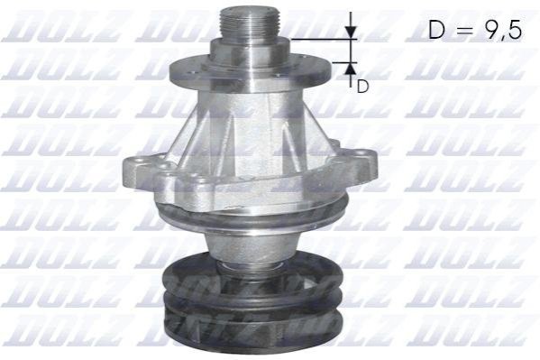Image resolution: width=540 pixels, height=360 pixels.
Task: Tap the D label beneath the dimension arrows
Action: pos(362,87)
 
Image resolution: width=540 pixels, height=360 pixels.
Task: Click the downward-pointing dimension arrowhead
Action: pos(351,32)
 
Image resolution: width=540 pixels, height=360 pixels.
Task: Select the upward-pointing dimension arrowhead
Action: pos(351,70)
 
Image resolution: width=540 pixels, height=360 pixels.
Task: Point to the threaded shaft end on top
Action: pos(251,23)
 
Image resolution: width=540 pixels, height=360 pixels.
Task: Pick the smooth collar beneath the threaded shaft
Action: pos(251,51)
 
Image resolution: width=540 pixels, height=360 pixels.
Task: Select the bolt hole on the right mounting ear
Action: pos(361,152)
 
